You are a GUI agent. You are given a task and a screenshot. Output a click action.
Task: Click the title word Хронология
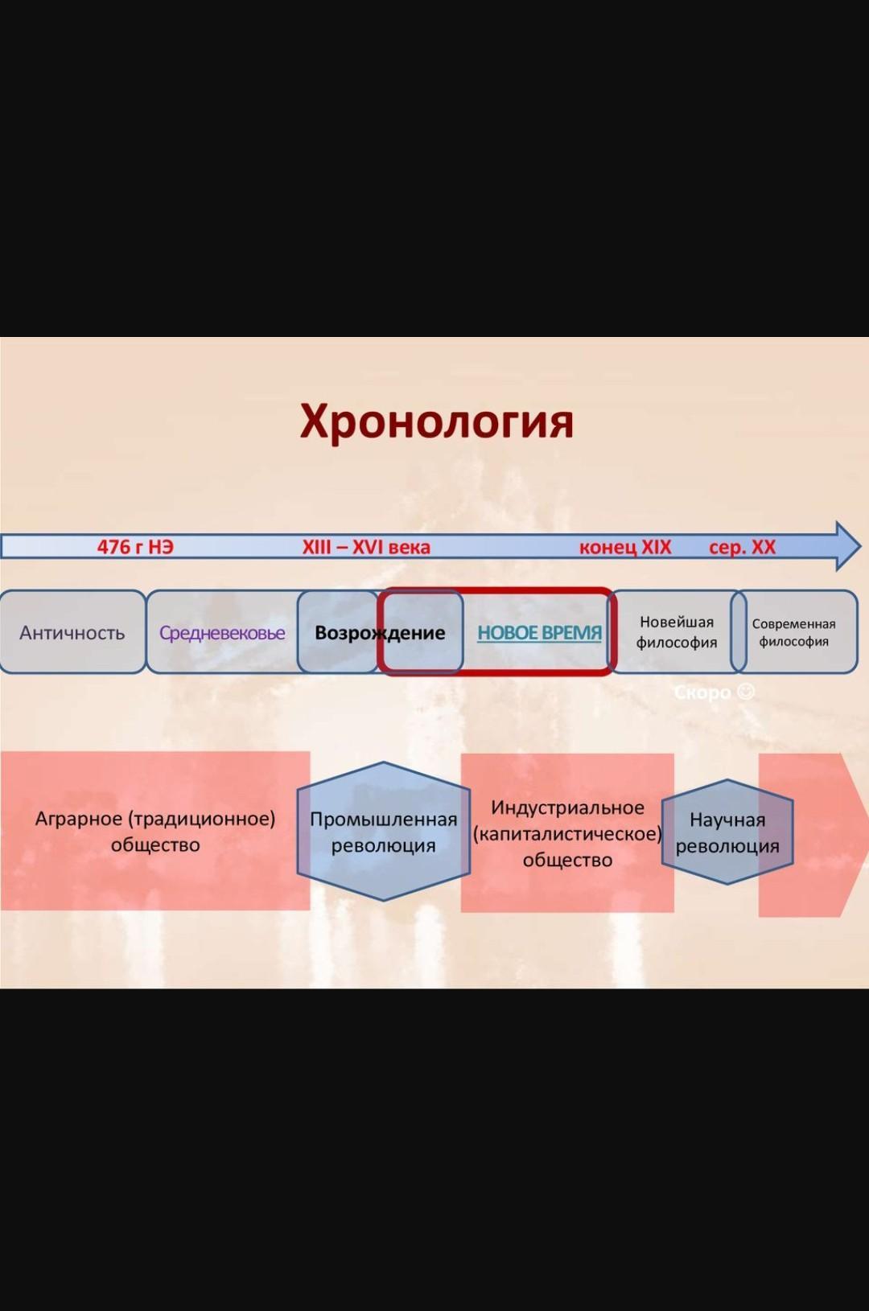(x=436, y=422)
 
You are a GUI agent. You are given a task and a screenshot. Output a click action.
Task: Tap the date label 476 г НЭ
(x=135, y=547)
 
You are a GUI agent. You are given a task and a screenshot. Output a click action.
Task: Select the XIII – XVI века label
(x=366, y=547)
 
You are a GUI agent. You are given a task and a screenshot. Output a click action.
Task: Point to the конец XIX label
(x=625, y=547)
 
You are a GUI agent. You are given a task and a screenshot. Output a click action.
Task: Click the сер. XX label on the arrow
(x=742, y=547)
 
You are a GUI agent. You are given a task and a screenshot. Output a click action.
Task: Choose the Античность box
(x=72, y=632)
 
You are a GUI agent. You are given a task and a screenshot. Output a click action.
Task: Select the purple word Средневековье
(x=223, y=633)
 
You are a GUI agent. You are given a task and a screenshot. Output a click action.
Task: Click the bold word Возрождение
(x=380, y=633)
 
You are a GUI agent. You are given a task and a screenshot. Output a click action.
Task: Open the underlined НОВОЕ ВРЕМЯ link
(x=539, y=633)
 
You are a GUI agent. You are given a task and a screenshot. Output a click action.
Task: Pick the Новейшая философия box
(x=677, y=632)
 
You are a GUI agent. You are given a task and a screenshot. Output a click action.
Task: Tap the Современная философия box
(x=794, y=632)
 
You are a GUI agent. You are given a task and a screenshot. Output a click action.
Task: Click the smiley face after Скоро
(x=745, y=692)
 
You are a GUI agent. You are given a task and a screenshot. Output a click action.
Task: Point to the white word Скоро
(x=702, y=693)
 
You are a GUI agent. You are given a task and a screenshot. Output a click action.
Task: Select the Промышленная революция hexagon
(x=384, y=831)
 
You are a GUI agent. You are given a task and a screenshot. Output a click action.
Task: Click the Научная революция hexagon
(x=727, y=832)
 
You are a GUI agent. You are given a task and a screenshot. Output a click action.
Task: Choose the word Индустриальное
(x=567, y=808)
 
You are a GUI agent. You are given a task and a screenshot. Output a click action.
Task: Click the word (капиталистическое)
(x=567, y=833)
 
